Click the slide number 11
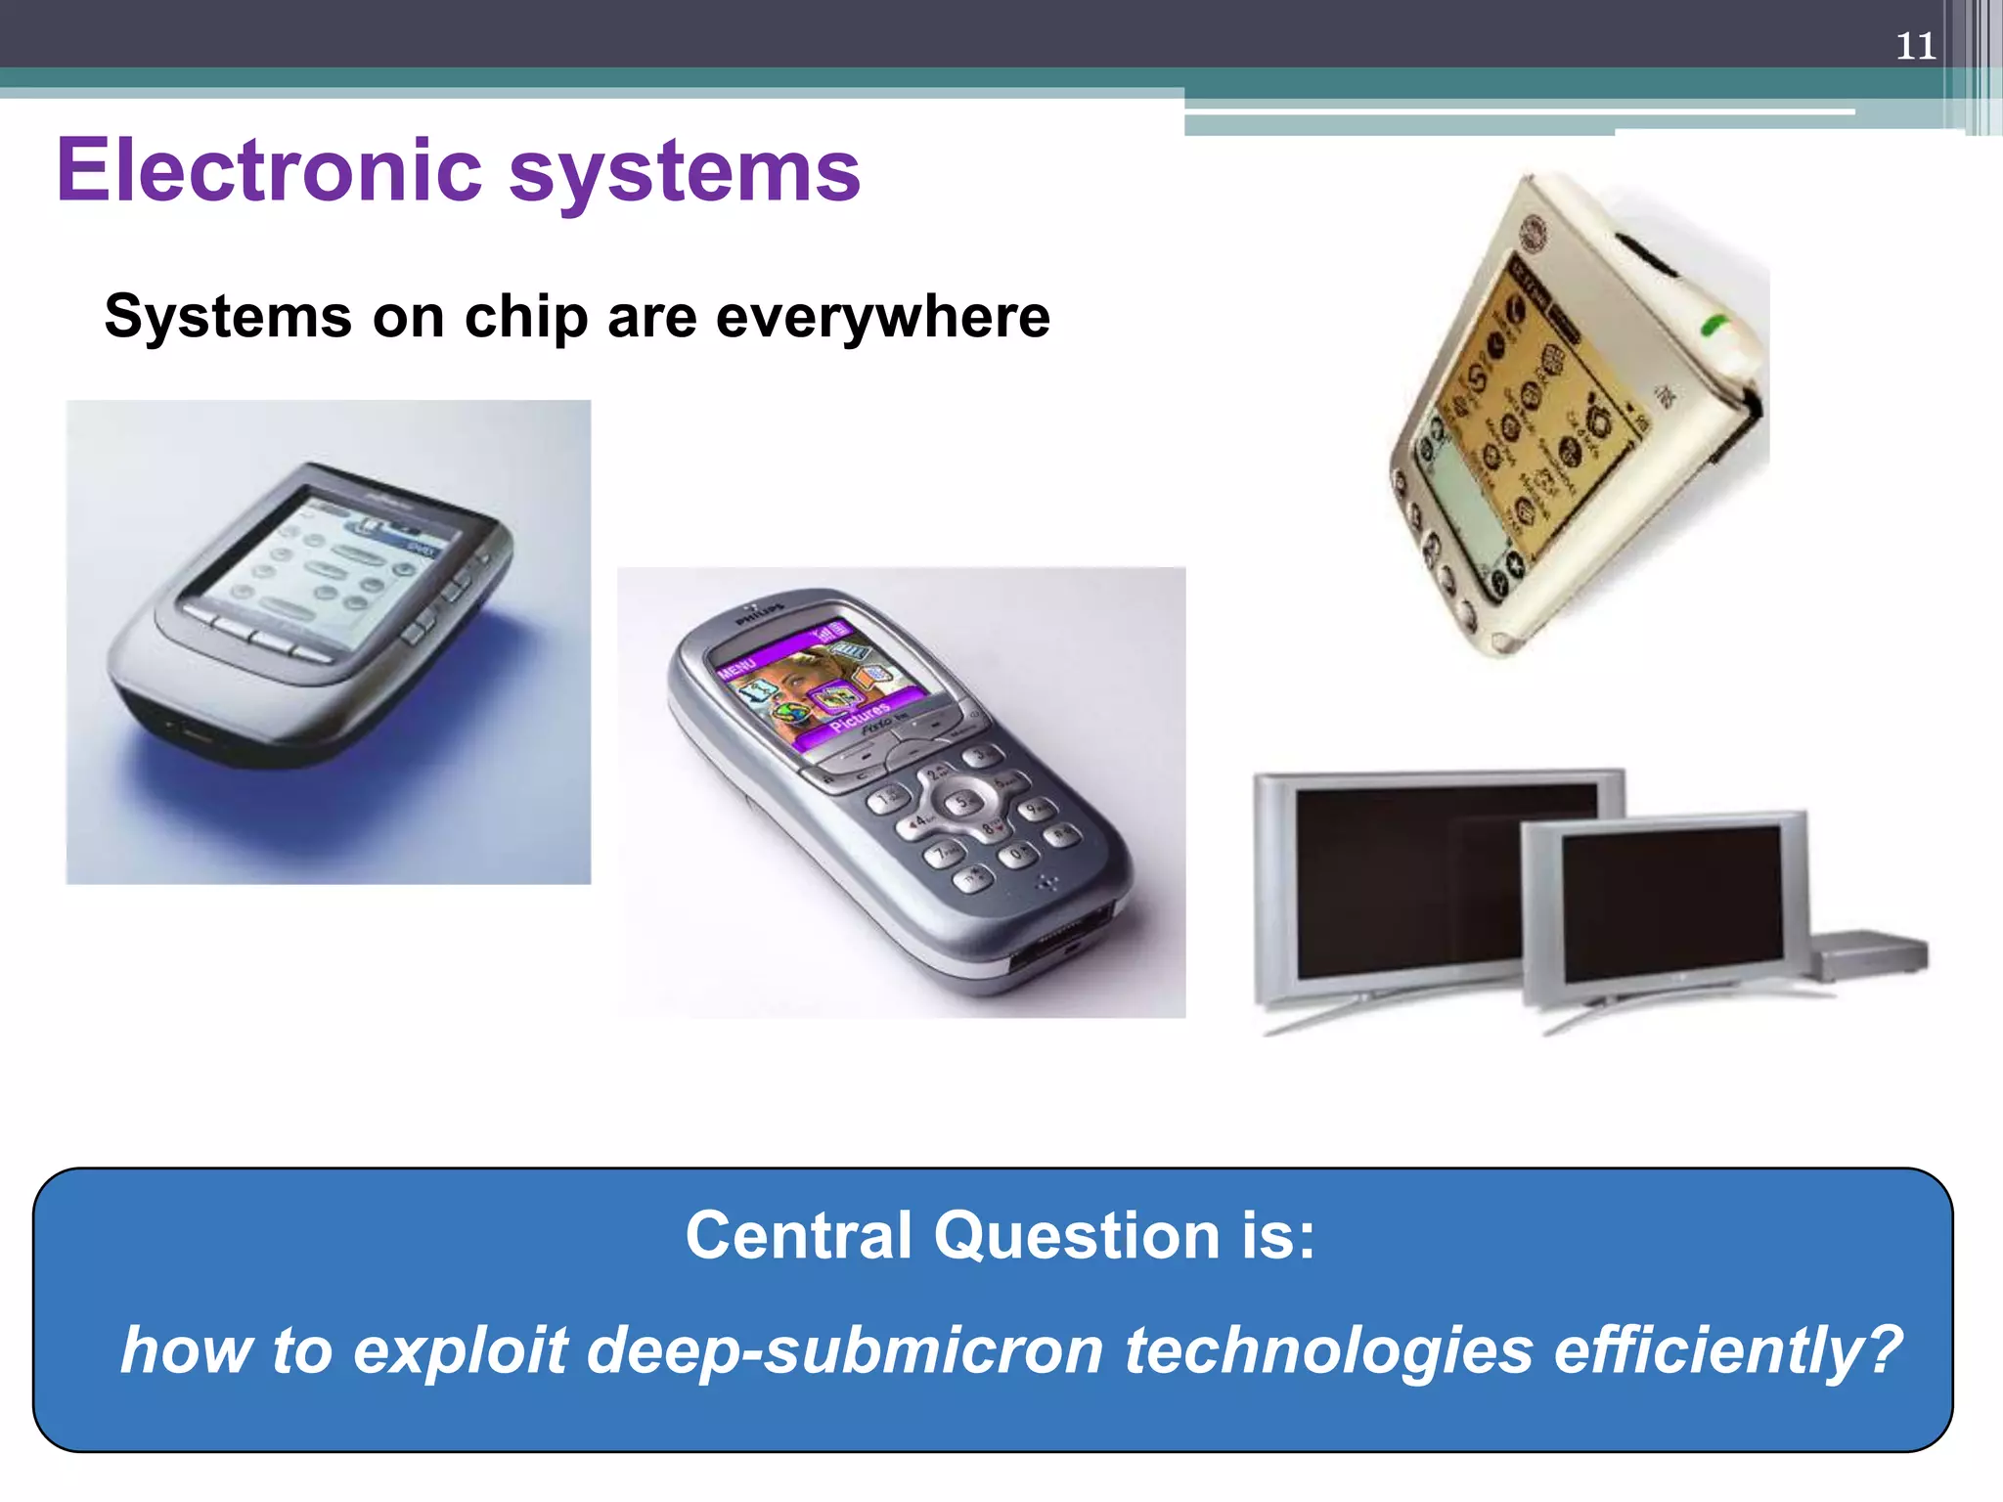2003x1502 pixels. click(x=1915, y=47)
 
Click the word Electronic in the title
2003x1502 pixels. click(x=269, y=170)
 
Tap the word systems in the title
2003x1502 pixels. click(x=684, y=172)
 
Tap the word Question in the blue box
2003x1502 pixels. click(x=1077, y=1237)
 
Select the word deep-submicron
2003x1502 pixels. click(x=845, y=1350)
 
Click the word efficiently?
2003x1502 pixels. click(x=1727, y=1350)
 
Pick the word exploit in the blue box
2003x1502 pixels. click(x=461, y=1350)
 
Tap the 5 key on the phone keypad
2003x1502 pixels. click(x=964, y=801)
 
